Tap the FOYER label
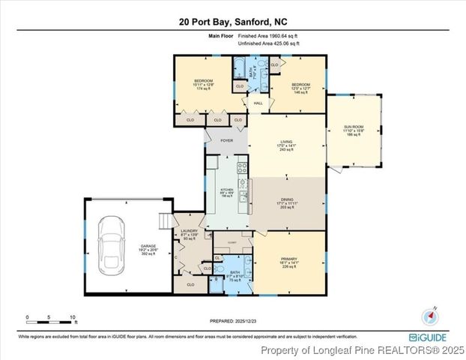pyautogui.click(x=226, y=140)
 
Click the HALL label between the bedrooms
pyautogui.click(x=258, y=103)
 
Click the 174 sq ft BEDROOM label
pyautogui.click(x=204, y=83)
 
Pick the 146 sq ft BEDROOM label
pyautogui.click(x=301, y=86)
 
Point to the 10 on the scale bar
pyautogui.click(x=73, y=316)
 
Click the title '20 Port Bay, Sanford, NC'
pyautogui.click(x=232, y=22)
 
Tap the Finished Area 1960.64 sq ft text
pyautogui.click(x=269, y=36)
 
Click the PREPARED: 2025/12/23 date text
pyautogui.click(x=232, y=324)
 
